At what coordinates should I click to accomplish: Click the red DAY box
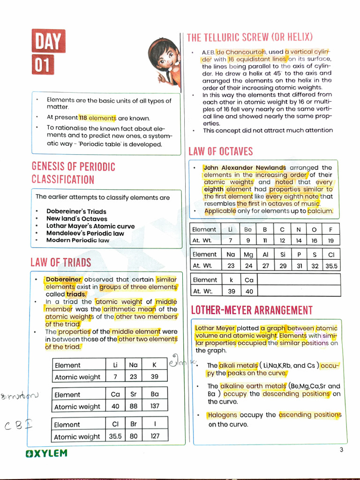[48, 41]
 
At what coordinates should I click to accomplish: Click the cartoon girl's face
[165, 57]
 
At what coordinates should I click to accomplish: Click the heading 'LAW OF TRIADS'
[61, 262]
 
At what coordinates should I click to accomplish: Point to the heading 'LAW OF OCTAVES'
[220, 151]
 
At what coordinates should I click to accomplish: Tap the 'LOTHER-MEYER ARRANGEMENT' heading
[251, 310]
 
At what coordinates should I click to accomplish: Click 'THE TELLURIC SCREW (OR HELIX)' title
[249, 37]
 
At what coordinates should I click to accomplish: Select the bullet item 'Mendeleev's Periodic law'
[85, 233]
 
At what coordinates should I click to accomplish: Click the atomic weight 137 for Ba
[155, 406]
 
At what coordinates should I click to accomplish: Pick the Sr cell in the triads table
[134, 394]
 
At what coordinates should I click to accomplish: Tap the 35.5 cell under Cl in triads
[115, 436]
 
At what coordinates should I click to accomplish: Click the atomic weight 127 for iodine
[155, 436]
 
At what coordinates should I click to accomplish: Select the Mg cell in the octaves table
[248, 255]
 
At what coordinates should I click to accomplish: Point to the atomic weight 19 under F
[331, 240]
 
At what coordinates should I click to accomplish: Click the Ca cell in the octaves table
[248, 280]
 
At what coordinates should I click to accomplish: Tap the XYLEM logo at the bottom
[46, 453]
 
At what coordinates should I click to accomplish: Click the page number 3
[341, 450]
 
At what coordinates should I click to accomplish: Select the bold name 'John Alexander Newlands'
[245, 167]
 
